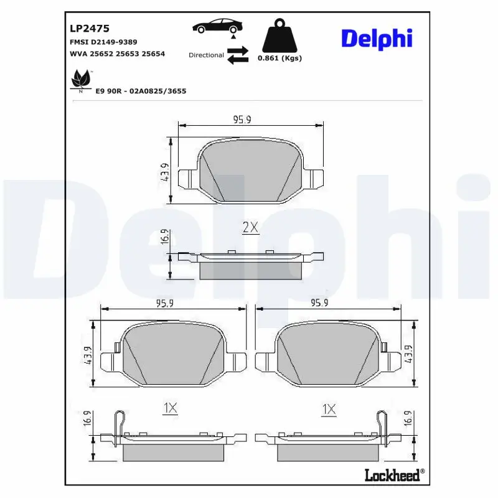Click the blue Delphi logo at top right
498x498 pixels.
[377, 39]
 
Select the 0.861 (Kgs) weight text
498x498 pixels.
[280, 59]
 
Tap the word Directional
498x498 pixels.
[206, 55]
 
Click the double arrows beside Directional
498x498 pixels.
[237, 55]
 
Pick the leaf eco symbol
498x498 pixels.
[80, 80]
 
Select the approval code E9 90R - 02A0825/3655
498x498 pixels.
[141, 91]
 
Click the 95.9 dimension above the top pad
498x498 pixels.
[242, 120]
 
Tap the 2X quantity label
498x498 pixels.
[250, 228]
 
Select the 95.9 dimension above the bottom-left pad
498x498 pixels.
[164, 303]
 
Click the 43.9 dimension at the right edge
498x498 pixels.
[409, 354]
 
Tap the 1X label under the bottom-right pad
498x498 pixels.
[329, 409]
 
